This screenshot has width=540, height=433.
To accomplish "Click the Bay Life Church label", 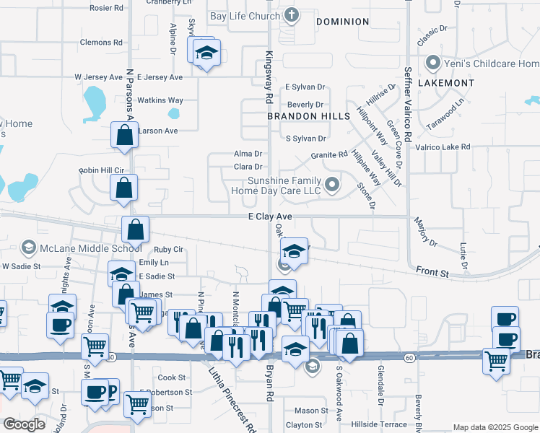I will (244, 16).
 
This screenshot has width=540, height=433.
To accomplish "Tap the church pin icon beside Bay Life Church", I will (291, 15).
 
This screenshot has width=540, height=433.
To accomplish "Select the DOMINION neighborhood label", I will (343, 22).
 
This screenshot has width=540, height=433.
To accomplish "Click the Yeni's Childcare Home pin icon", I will (434, 64).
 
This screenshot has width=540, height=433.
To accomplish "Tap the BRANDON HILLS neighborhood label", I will (308, 115).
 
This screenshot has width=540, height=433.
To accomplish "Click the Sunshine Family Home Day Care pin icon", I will (332, 185).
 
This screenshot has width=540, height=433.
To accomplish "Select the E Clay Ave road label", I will (270, 216).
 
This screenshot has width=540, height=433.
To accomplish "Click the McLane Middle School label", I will (91, 248).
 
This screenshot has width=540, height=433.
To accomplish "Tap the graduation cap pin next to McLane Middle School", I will (29, 248).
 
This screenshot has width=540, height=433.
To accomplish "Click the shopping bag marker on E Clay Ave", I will (135, 229).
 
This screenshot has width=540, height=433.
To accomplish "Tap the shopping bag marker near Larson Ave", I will (125, 134).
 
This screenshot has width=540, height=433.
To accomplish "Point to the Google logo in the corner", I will (24, 424).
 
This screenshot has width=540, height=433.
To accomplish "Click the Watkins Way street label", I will (160, 100).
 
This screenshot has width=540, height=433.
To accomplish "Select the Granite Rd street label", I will (329, 155).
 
